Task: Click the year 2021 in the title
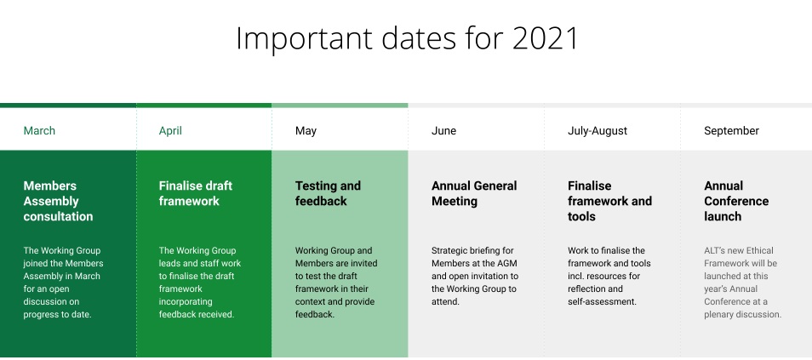click(545, 38)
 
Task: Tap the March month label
click(39, 130)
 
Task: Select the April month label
click(170, 130)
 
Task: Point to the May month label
click(306, 130)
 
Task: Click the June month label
click(443, 130)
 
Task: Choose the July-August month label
click(598, 130)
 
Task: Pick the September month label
click(731, 130)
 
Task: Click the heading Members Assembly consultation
click(58, 201)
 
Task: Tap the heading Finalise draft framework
click(196, 193)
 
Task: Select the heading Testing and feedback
click(328, 193)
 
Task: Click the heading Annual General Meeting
click(474, 193)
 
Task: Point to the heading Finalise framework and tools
click(609, 201)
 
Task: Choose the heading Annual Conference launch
click(736, 201)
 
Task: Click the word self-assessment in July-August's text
click(602, 301)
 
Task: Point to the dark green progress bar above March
click(68, 106)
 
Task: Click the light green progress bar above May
click(340, 106)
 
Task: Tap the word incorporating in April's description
click(186, 301)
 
